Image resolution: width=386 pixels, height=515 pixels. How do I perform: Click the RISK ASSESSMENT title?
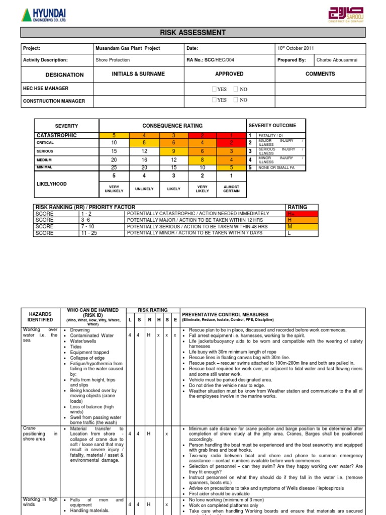point(193,33)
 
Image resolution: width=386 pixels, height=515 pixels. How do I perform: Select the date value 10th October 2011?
point(296,48)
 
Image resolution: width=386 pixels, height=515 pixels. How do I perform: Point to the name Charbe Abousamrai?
point(336,60)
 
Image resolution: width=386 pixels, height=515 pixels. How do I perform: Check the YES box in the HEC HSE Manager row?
point(215,89)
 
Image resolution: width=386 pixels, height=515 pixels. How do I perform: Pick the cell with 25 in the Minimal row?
point(114,167)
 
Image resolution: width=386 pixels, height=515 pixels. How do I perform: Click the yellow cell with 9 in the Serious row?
point(173,151)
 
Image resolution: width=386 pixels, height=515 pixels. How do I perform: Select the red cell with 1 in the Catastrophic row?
point(232,135)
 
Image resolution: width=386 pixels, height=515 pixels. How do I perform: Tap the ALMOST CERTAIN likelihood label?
point(232,189)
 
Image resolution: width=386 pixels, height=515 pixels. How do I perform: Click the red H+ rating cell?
point(302,214)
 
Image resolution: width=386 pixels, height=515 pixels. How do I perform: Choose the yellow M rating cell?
point(302,226)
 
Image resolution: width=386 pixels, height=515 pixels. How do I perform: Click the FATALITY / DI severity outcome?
point(271,136)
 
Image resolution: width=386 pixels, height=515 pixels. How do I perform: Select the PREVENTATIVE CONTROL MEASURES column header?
point(225,314)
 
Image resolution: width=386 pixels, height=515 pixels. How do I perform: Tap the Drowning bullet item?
point(80,330)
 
